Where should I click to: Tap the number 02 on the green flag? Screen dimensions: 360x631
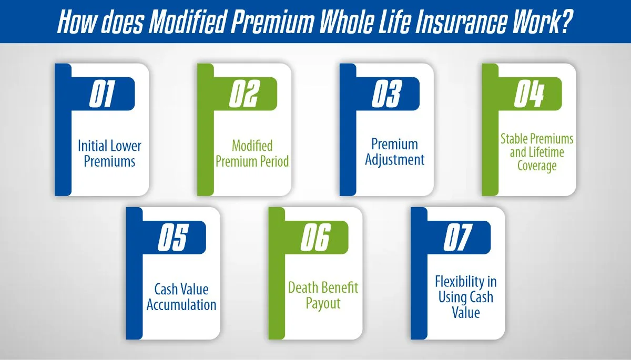pos(245,95)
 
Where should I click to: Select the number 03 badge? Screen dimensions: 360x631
pos(387,95)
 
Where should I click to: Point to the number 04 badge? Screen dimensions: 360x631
pos(529,95)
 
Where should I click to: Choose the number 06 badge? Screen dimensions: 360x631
pos(315,238)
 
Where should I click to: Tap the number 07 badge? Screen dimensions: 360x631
pos(457,238)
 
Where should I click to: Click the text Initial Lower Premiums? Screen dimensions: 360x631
pos(109,153)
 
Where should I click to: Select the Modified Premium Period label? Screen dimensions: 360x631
pos(252,153)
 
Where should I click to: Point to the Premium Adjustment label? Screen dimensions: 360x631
pos(394,152)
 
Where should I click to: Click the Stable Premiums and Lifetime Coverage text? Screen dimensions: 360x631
pos(536,152)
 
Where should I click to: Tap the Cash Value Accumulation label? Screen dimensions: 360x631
pos(181,297)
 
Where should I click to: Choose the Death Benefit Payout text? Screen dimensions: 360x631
pos(323,295)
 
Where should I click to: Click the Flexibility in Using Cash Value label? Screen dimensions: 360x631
pos(465,297)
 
